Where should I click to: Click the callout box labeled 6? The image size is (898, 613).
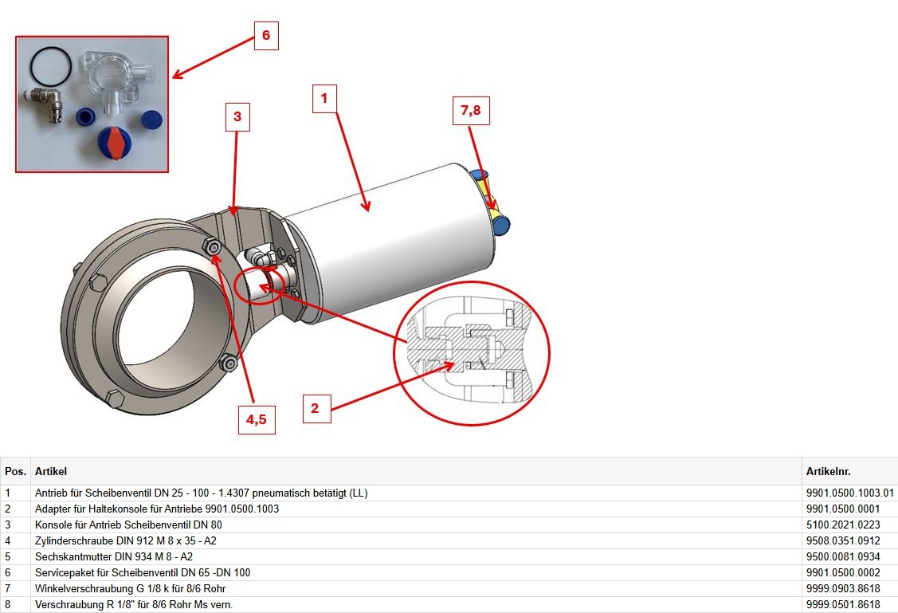[266, 36]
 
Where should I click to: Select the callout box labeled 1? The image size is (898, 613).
[324, 99]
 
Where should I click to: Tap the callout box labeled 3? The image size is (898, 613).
[237, 117]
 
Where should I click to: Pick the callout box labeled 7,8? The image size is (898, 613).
[471, 110]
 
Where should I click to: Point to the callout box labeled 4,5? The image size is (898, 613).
[257, 419]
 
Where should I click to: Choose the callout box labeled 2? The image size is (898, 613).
[316, 408]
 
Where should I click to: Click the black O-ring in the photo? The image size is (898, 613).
[51, 65]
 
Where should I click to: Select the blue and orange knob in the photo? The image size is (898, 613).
[115, 143]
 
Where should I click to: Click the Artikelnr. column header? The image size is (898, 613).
[828, 471]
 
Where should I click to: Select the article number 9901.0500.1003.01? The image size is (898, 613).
[850, 493]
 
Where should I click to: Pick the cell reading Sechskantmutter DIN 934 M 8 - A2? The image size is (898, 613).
[114, 557]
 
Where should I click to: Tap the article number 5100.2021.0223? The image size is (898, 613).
[843, 525]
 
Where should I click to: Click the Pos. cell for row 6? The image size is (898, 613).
[8, 573]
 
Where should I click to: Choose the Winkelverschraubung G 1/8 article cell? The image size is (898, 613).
[130, 589]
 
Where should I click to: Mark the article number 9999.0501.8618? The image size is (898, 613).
[843, 605]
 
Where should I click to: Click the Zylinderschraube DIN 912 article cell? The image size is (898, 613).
[125, 540]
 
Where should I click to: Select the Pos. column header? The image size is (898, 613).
[15, 471]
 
